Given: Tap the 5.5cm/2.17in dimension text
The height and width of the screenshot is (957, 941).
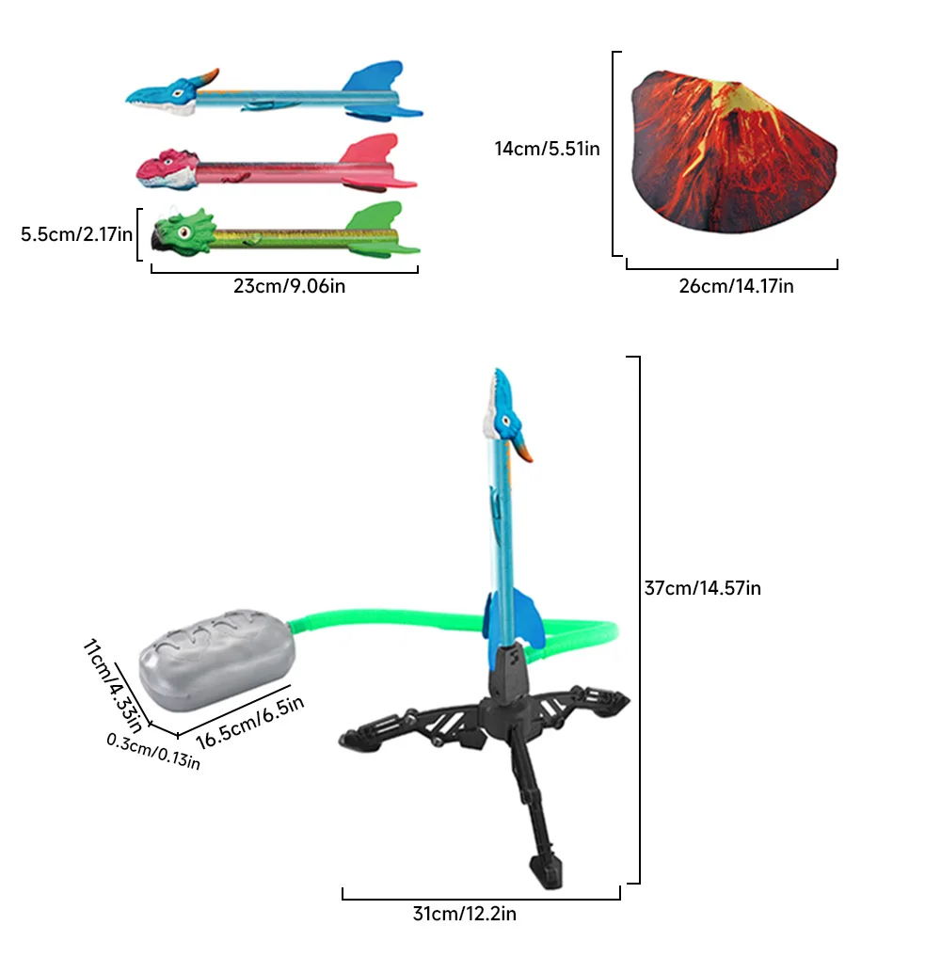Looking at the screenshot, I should tap(77, 233).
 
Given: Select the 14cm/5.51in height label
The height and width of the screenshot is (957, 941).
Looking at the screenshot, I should tap(547, 148).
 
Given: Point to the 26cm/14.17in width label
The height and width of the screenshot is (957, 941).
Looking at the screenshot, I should tap(736, 286).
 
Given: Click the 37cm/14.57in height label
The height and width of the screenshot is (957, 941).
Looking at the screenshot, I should tap(702, 588).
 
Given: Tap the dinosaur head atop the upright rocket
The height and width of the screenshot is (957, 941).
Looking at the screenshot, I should tap(506, 414).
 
